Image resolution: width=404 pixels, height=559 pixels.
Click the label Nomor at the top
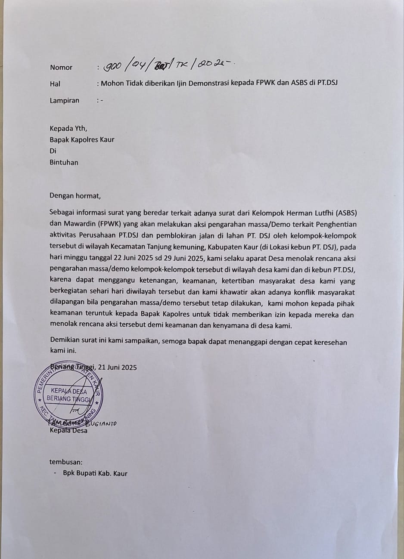click(61, 67)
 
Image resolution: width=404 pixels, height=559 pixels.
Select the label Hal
click(55, 84)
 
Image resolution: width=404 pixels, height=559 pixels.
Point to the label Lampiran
click(65, 101)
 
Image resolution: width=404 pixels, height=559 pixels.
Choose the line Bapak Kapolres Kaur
click(82, 139)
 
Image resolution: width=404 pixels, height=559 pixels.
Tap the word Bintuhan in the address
click(64, 163)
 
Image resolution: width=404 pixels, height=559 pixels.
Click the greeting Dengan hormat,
click(75, 196)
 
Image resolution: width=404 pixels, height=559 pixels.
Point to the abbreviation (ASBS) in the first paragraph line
click(346, 213)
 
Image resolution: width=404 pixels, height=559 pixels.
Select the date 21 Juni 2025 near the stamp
click(118, 367)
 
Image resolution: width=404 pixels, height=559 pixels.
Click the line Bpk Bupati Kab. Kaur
click(95, 473)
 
